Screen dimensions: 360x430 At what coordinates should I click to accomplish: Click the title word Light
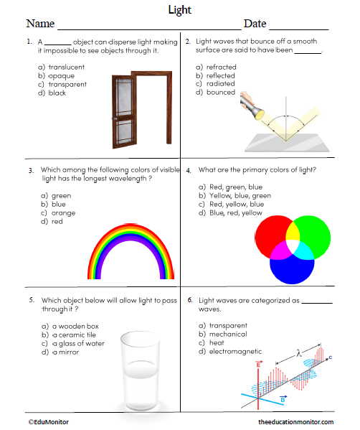coord(179,10)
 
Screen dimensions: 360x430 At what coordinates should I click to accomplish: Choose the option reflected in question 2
coord(221,75)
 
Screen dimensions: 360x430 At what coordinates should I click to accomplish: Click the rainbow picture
coord(131,251)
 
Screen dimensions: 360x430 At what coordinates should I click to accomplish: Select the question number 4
coord(188,171)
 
